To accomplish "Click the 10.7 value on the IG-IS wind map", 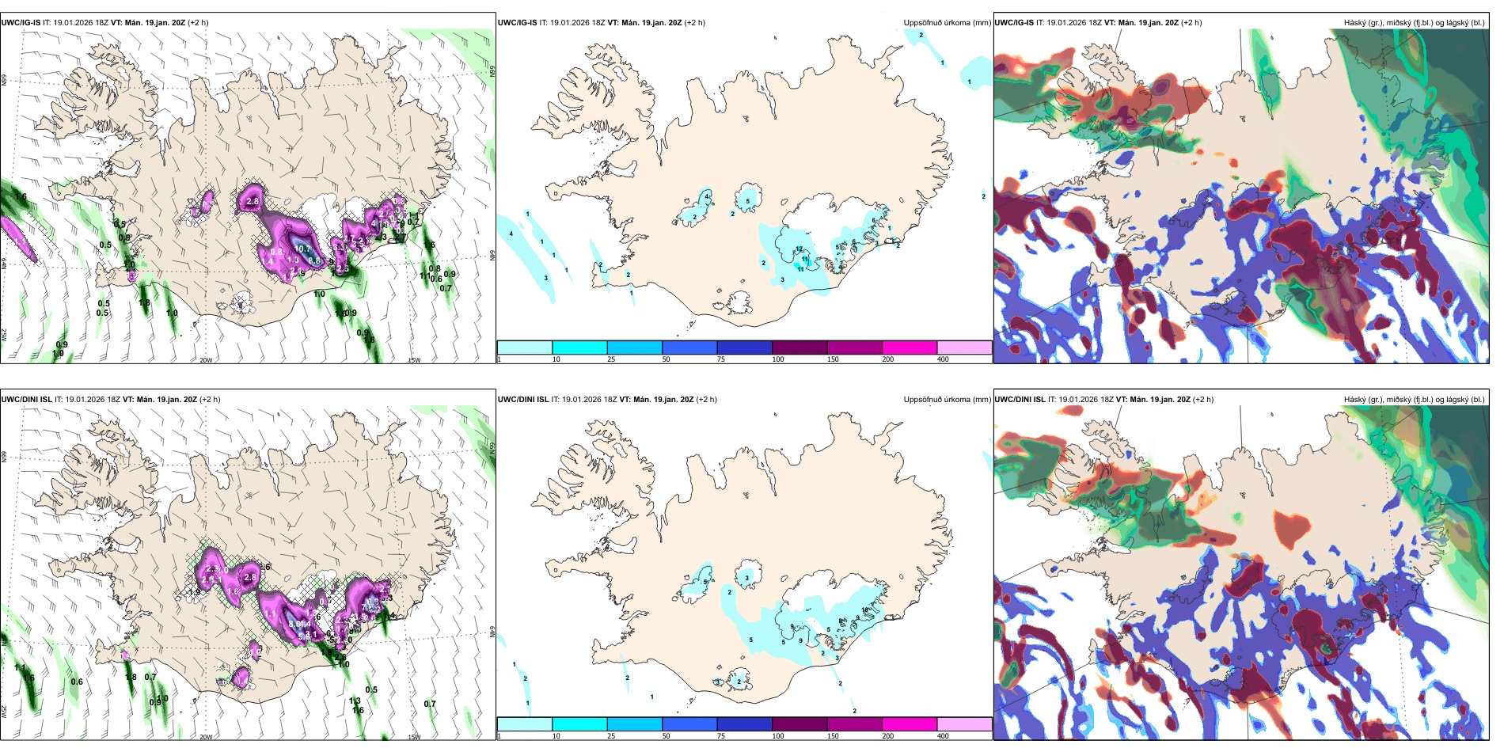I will [302, 249].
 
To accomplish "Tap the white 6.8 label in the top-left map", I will [314, 260].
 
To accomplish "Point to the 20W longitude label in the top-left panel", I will [206, 360].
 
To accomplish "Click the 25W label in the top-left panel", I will [4, 335].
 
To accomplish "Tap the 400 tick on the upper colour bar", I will [943, 359].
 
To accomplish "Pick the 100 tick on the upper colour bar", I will [778, 359].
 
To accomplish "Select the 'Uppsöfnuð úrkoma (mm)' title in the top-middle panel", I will [946, 23].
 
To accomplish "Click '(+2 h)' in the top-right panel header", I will [1191, 23].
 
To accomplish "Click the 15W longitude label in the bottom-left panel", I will [413, 737].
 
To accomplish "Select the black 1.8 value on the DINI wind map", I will [131, 677].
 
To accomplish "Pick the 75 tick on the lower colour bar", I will [721, 736].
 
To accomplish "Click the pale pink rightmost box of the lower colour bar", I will [964, 724].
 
